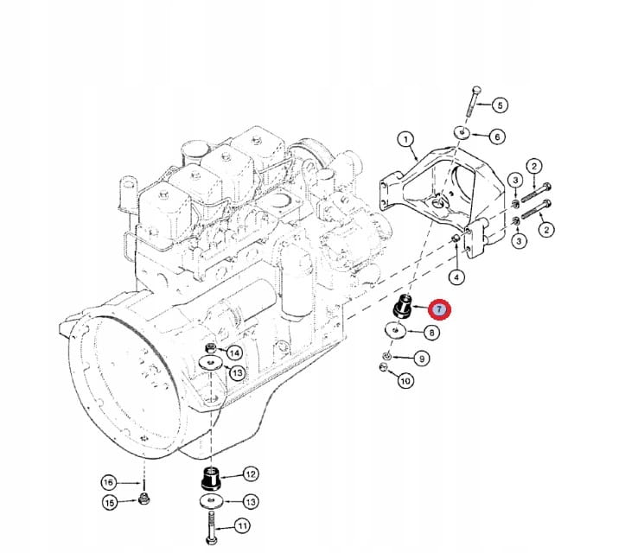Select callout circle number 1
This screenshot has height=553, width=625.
405,139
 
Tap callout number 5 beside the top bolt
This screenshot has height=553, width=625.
499,105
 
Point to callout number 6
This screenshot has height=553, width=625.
496,137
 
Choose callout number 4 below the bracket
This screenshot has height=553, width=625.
456,277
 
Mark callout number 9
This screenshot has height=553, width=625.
421,358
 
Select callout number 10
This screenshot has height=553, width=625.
405,379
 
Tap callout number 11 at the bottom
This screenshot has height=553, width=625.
242,524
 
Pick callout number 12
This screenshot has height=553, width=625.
250,474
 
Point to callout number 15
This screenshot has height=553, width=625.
110,503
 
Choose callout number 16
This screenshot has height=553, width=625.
108,482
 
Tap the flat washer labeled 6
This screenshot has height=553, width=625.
463,134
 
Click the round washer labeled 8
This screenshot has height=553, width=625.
396,331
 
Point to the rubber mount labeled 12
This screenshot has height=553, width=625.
210,477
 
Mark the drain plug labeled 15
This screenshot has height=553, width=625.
145,499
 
